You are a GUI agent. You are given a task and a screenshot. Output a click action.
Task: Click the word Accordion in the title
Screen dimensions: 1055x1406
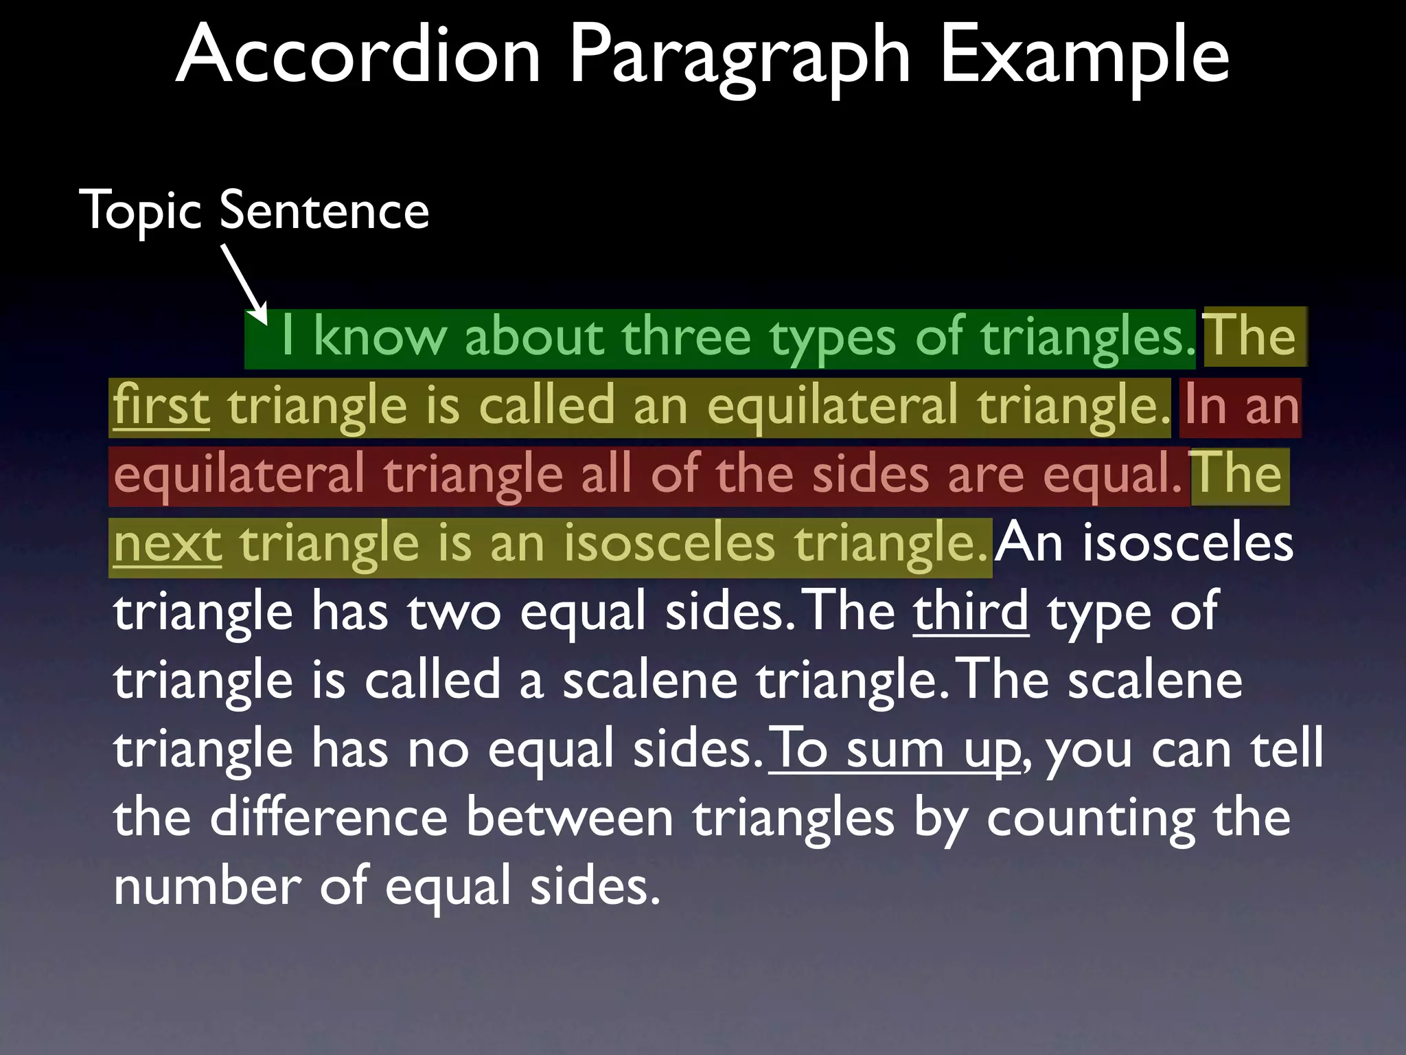(x=358, y=55)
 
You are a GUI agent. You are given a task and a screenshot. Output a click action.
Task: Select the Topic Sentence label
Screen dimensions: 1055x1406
(x=255, y=210)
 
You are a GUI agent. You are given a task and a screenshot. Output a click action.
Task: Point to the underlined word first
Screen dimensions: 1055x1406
(x=161, y=406)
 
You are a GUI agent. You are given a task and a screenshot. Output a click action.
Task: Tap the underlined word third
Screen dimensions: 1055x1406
(x=971, y=611)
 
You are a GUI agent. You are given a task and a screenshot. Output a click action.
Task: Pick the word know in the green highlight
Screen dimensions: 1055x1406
(x=380, y=337)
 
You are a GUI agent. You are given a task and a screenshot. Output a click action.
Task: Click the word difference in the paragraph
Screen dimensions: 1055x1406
(x=329, y=817)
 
